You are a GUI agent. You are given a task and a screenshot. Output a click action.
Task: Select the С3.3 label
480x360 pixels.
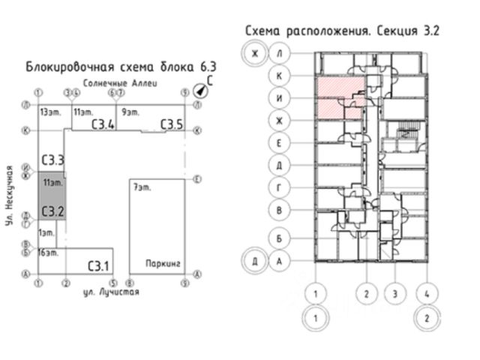[x=52, y=160]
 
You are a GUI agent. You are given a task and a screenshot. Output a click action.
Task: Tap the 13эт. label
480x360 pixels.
[x=51, y=112]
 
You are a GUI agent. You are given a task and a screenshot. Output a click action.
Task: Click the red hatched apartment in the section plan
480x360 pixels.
[x=342, y=97]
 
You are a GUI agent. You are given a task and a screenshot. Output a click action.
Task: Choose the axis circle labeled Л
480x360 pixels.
[x=279, y=54]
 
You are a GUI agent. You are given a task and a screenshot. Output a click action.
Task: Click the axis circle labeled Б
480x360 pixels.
[x=279, y=238]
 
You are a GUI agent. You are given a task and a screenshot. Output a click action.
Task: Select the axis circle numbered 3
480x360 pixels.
[x=394, y=293]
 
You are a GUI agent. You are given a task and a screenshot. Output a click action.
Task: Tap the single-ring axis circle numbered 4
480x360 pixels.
[x=427, y=293]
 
